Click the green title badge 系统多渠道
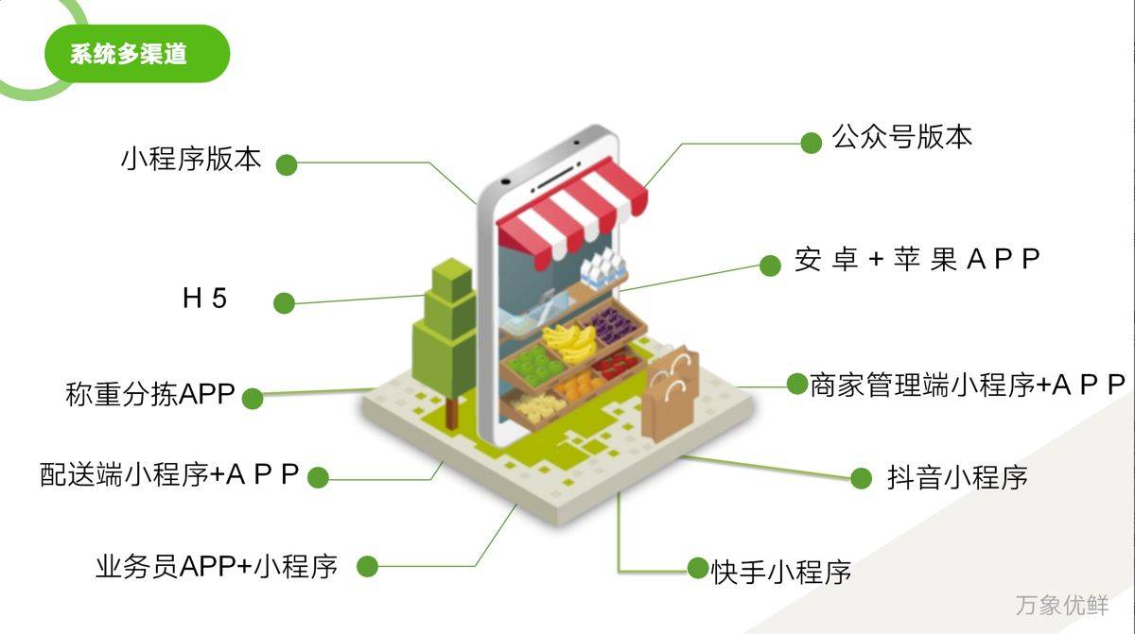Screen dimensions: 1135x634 (x=137, y=54)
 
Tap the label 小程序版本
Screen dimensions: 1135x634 (x=191, y=159)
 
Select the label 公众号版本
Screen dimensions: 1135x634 (x=902, y=137)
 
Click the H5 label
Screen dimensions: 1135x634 (x=204, y=298)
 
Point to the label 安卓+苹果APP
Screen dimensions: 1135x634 (x=917, y=259)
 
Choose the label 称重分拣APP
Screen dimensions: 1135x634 (x=150, y=394)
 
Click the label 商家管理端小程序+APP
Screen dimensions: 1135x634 (x=968, y=386)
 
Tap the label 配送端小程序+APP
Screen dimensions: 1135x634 (x=169, y=474)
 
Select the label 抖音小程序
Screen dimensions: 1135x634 (x=957, y=477)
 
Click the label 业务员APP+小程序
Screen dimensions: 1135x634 (x=217, y=566)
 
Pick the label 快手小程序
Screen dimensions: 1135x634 (x=781, y=573)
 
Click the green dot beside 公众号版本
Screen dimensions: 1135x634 (x=812, y=144)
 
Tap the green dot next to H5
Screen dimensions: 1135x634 (x=285, y=303)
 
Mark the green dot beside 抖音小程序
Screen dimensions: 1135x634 (x=861, y=478)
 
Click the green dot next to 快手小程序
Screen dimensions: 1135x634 (x=698, y=568)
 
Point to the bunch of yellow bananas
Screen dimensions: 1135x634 (x=570, y=342)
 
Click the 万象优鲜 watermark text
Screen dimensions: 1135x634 (x=1062, y=605)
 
